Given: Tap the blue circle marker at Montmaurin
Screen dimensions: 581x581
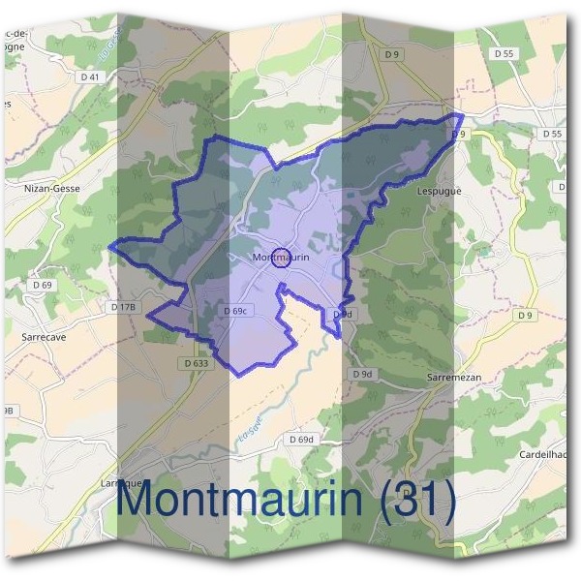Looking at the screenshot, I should (281, 257).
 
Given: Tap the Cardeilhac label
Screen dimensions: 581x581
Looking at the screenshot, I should (548, 454).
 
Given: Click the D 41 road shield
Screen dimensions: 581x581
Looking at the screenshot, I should (90, 76).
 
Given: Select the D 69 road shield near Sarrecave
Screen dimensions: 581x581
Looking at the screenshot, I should (42, 285).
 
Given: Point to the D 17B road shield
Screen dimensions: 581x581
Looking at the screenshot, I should (125, 307).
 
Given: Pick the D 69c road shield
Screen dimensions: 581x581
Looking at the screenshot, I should (237, 310).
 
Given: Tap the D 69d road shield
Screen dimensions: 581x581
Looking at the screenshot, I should (302, 440).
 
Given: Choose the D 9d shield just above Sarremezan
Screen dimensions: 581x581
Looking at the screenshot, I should (362, 374).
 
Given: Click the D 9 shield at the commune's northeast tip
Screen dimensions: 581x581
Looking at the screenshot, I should (458, 134).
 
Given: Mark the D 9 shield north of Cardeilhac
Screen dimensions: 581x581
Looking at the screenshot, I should (525, 316).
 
